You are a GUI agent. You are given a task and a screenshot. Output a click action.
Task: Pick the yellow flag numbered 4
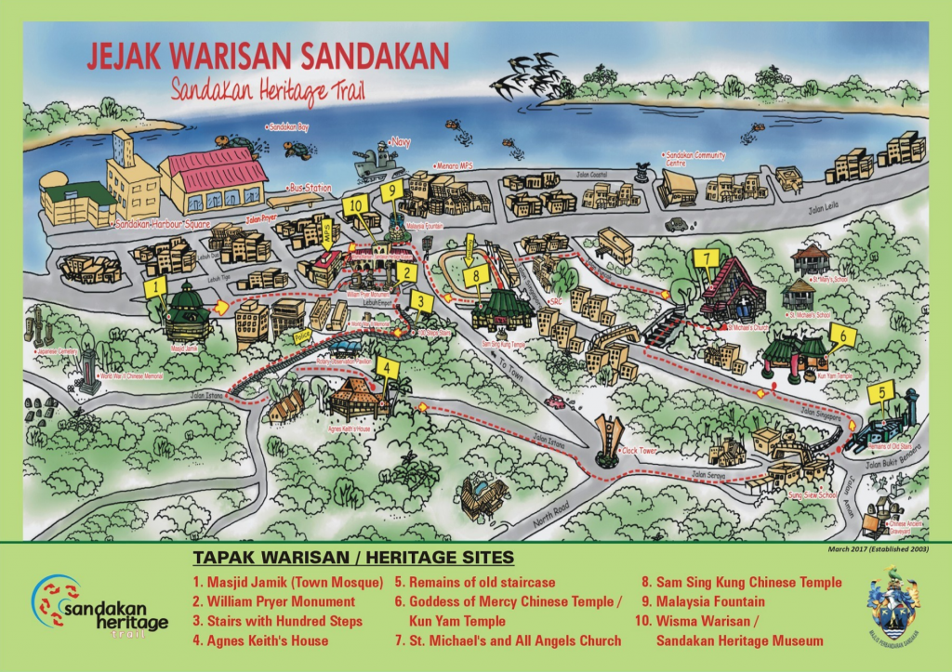click(x=388, y=367)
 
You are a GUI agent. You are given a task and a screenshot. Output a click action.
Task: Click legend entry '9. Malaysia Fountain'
click(x=701, y=601)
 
